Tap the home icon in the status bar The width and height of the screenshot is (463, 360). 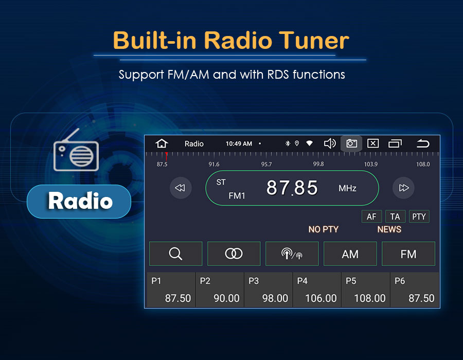click(162, 143)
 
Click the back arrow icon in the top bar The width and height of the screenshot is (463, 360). click(423, 143)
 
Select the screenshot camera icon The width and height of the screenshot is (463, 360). click(351, 143)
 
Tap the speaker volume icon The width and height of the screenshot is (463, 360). click(330, 143)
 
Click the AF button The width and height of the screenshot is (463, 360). click(371, 217)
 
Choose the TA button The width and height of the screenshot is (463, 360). click(395, 217)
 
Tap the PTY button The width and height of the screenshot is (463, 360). click(419, 217)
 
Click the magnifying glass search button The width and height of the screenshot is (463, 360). click(176, 254)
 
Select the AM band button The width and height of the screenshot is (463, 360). click(350, 254)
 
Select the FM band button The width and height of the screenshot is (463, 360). click(408, 254)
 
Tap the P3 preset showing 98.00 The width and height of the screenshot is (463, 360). click(268, 290)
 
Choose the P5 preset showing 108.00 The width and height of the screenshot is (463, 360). click(366, 290)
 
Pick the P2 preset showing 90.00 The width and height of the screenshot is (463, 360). click(220, 290)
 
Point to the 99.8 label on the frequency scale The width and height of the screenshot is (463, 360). click(318, 164)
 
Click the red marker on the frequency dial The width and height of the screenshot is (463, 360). click(167, 156)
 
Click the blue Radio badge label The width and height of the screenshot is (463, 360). click(79, 202)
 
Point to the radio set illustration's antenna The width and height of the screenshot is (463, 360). click(71, 135)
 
